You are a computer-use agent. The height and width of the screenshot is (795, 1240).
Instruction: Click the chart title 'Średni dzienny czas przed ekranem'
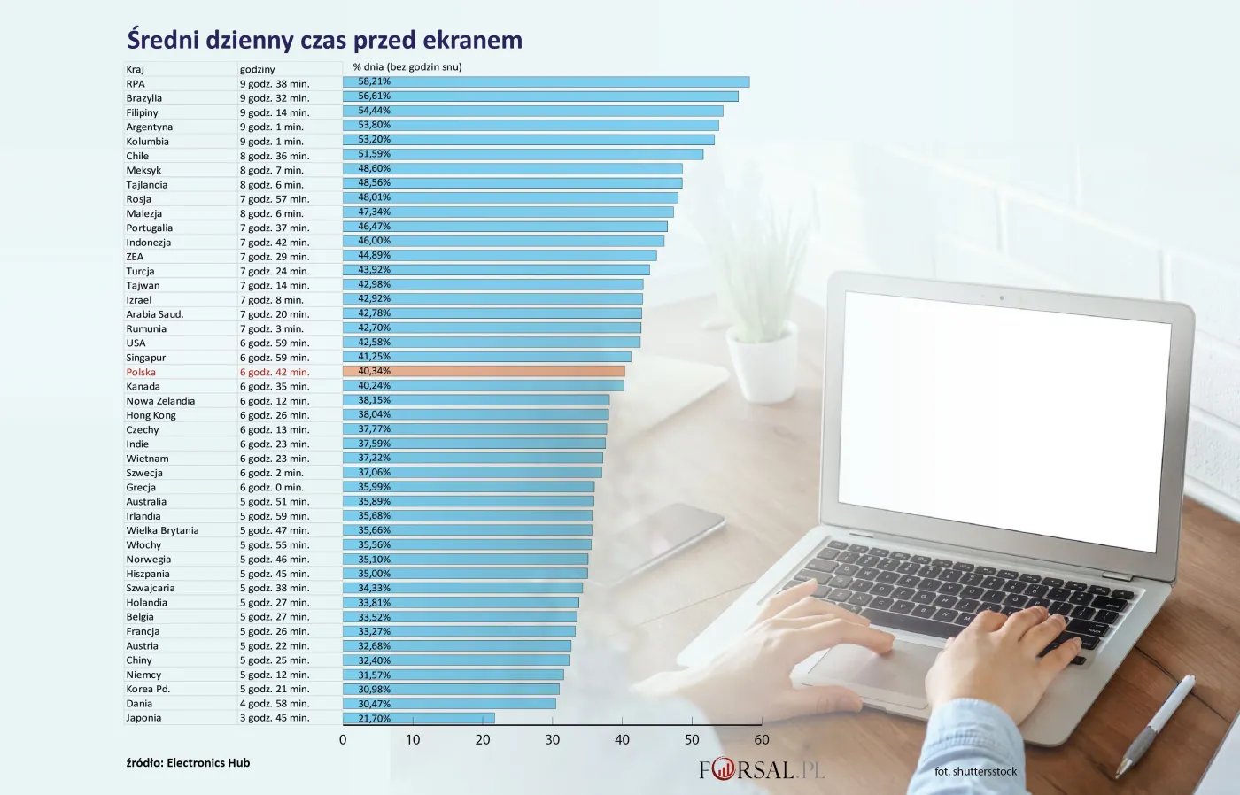click(x=324, y=40)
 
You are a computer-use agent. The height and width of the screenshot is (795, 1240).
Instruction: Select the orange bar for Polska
click(x=484, y=371)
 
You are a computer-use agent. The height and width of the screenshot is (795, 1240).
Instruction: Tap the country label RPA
click(x=136, y=84)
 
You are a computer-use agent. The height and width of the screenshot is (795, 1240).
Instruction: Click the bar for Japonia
click(x=419, y=718)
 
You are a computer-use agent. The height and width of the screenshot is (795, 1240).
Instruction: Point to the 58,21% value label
click(x=374, y=81)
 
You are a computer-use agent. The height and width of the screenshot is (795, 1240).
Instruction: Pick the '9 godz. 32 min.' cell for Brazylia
click(x=275, y=98)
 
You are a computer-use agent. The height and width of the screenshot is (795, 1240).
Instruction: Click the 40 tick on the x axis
click(x=622, y=740)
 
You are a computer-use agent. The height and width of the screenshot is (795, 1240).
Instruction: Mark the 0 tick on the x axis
click(x=343, y=740)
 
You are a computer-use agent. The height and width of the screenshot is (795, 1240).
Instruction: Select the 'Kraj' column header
click(x=136, y=69)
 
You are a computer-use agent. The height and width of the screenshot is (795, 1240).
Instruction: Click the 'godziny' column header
click(x=258, y=69)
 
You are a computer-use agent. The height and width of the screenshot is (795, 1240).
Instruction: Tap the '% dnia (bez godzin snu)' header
click(x=407, y=66)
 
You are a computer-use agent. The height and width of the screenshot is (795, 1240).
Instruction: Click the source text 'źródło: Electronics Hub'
click(x=188, y=762)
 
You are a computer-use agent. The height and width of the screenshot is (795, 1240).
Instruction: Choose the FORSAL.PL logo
click(x=762, y=769)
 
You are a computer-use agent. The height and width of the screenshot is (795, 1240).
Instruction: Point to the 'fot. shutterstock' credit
click(x=975, y=771)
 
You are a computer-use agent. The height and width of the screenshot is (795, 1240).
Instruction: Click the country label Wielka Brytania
click(x=162, y=530)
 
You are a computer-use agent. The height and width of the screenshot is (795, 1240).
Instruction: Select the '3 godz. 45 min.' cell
click(x=275, y=718)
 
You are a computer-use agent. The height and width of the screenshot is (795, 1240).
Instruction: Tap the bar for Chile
click(x=523, y=154)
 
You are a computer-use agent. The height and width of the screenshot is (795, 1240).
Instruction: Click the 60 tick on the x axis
click(x=762, y=740)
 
